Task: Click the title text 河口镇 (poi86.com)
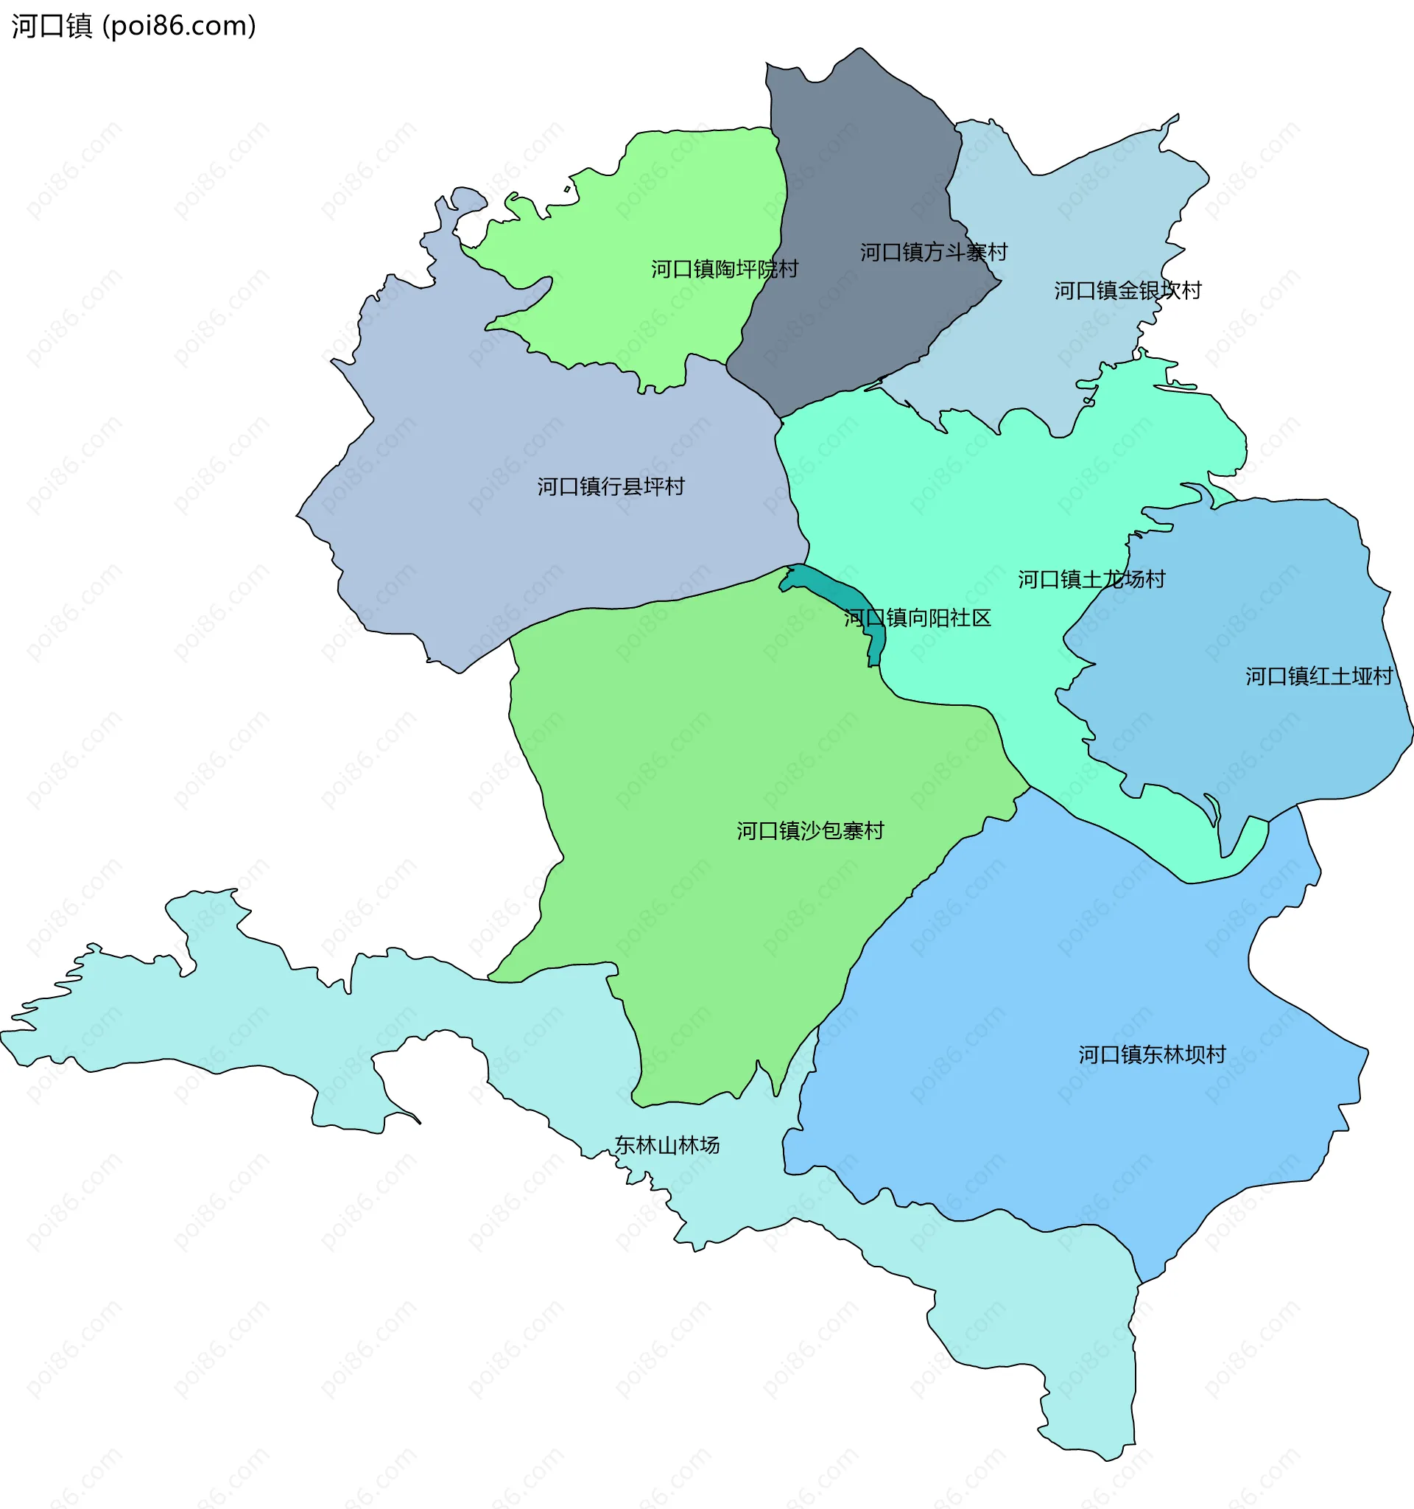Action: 133,26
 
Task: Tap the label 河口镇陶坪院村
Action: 725,269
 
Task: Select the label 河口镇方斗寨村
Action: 933,252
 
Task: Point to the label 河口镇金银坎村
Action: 1128,290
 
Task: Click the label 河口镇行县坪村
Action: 611,486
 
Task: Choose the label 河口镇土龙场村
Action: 1091,579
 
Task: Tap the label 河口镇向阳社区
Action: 917,618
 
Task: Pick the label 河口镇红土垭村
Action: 1318,676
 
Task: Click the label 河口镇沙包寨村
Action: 810,830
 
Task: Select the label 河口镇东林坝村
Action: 1152,1054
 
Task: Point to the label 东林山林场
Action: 666,1146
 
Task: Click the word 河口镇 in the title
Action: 52,26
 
